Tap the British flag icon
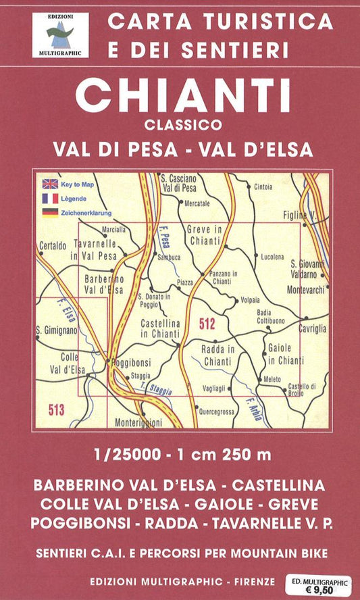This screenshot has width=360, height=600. (x=50, y=184)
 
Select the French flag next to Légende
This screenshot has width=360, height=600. (x=50, y=198)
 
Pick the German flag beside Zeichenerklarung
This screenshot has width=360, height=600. (x=50, y=212)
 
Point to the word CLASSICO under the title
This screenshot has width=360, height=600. (x=182, y=124)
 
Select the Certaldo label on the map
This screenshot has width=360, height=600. (x=56, y=245)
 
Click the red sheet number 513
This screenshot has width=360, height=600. (x=57, y=407)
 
